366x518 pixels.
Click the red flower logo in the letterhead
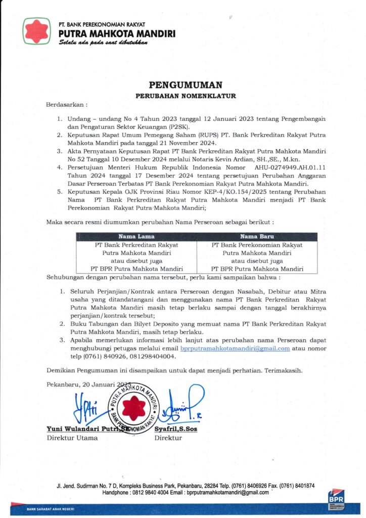(x=37, y=31)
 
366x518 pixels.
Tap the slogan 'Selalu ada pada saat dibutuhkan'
(x=103, y=43)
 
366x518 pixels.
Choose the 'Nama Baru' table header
(x=257, y=236)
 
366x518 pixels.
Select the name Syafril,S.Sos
(x=176, y=429)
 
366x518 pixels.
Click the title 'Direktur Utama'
(x=72, y=438)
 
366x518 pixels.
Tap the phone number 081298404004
(x=148, y=356)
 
